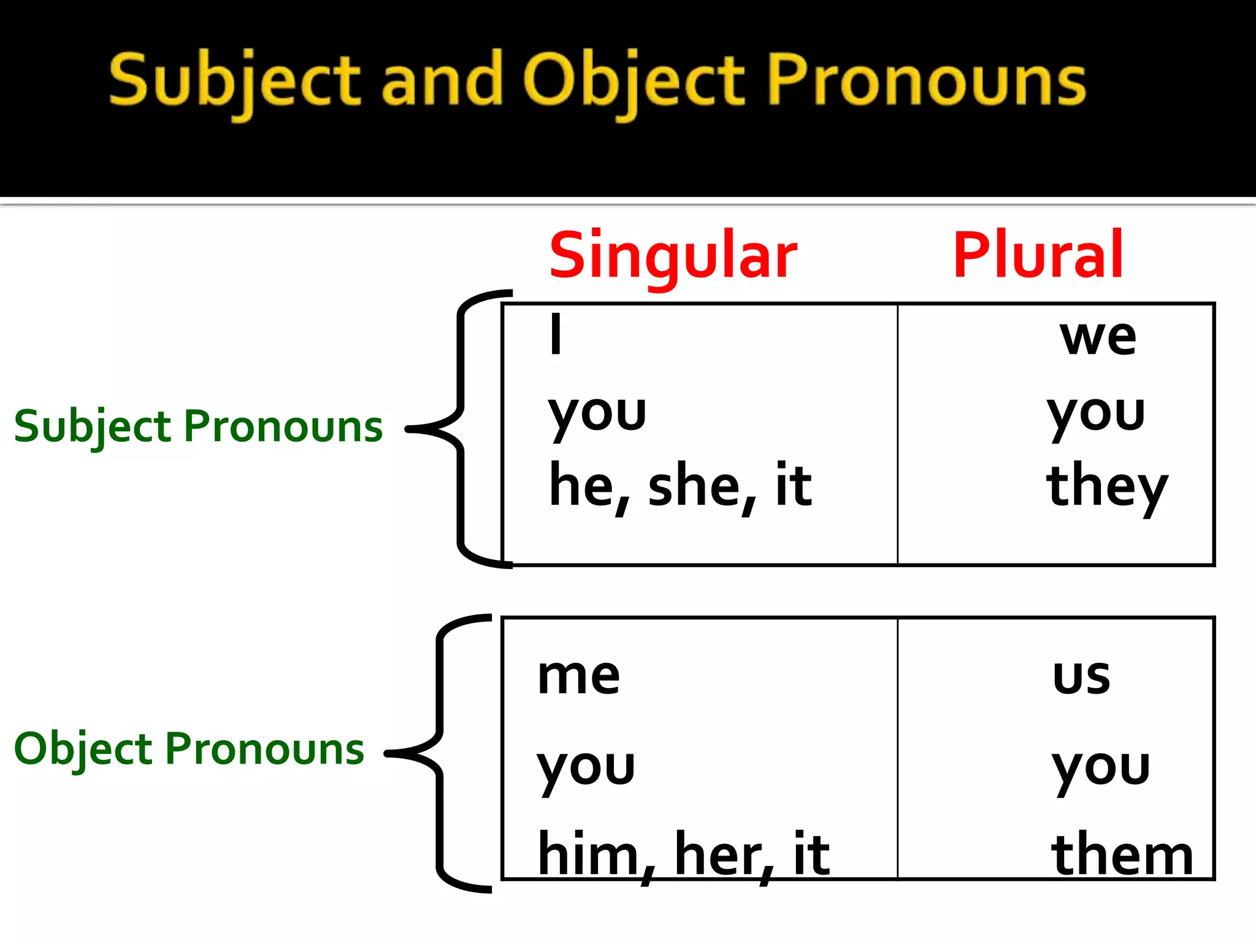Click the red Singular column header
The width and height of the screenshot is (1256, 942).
673,256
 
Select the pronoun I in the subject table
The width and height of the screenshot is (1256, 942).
556,334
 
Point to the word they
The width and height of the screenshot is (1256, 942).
1106,488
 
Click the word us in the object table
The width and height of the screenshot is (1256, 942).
1081,677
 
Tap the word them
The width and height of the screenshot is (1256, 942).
1122,854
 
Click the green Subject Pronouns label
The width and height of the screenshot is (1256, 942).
198,427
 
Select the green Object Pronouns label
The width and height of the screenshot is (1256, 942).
189,749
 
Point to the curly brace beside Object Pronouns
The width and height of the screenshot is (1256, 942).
439,753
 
